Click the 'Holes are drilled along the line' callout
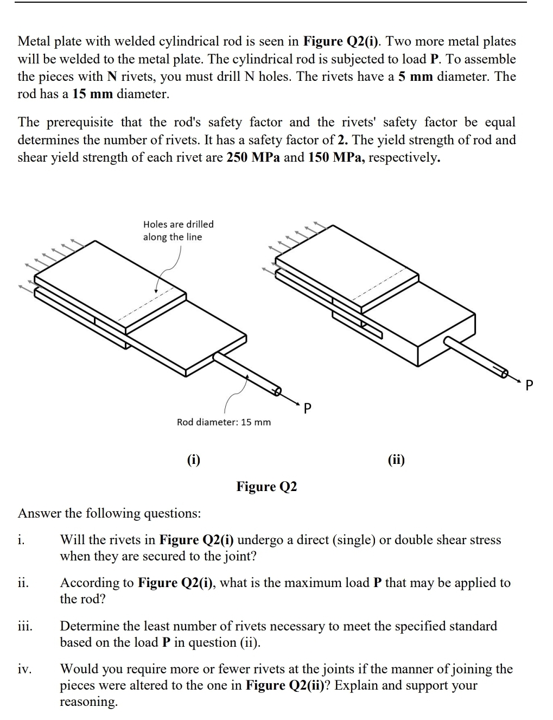[x=178, y=231]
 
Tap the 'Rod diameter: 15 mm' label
[x=224, y=422]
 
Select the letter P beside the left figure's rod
[x=307, y=407]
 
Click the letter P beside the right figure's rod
[x=530, y=386]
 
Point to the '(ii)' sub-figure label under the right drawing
[x=396, y=460]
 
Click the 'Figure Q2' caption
[x=266, y=486]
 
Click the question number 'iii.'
[x=25, y=626]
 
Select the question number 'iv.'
[x=24, y=669]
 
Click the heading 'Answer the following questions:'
[x=109, y=513]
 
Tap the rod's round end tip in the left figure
[x=277, y=391]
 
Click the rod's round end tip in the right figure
[x=504, y=373]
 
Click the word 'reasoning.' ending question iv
[x=88, y=702]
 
